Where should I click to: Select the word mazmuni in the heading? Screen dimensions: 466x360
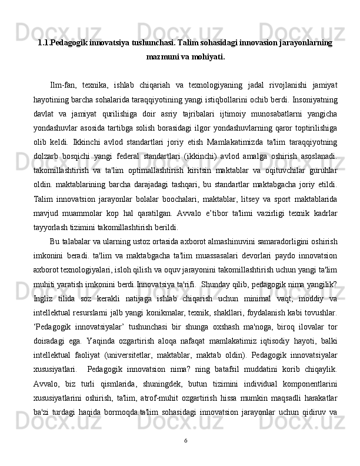(164, 58)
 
